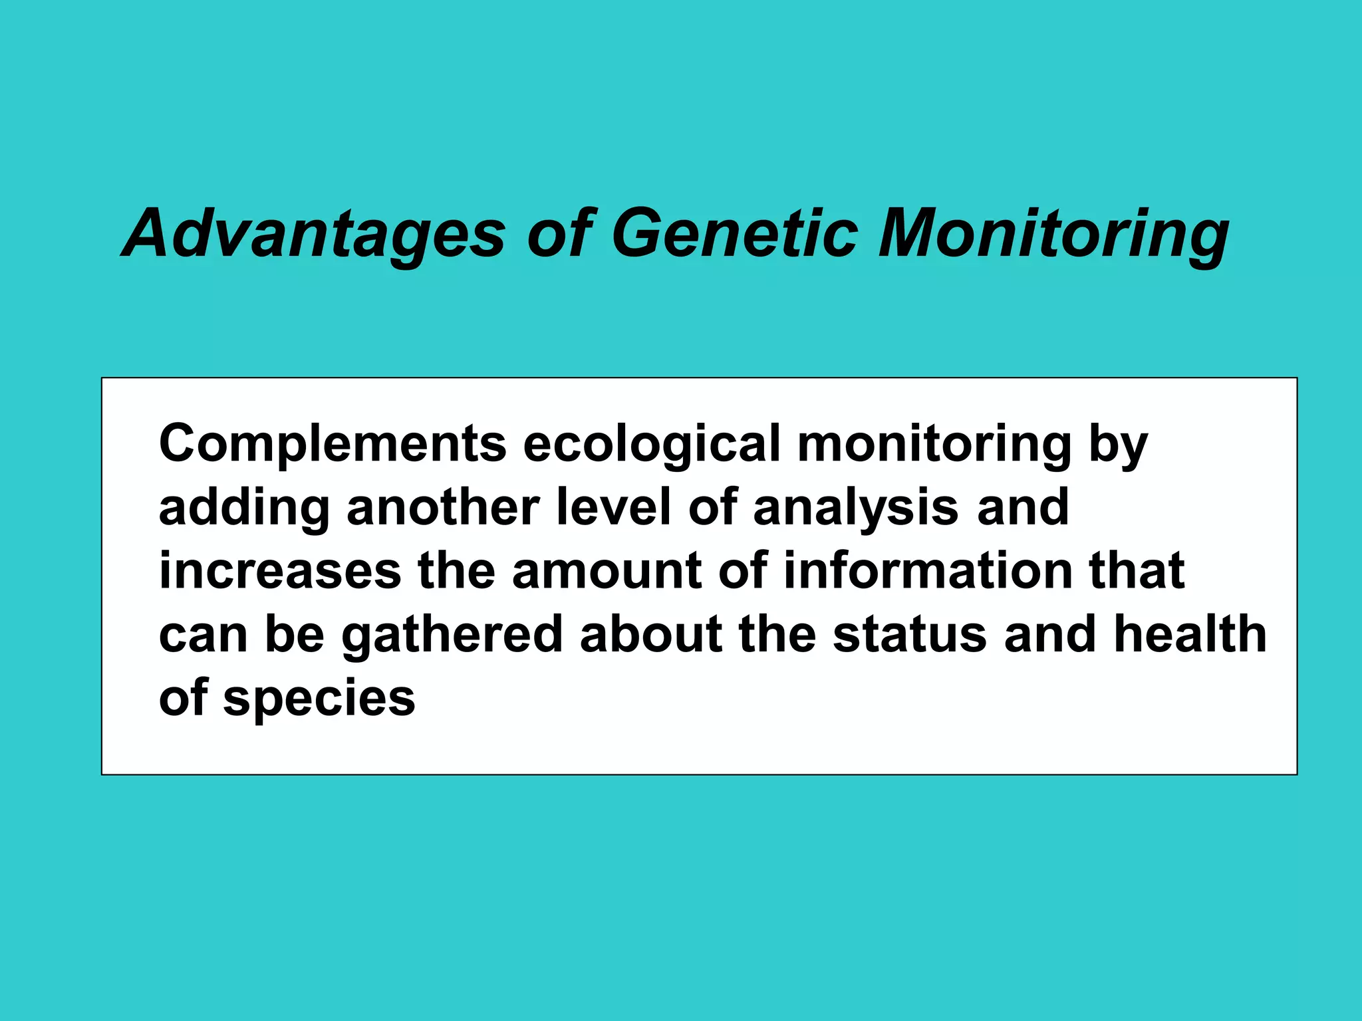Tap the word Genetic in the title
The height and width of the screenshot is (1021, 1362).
coord(734,234)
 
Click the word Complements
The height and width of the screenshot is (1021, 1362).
coord(333,444)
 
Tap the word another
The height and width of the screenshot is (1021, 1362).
coord(443,508)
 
